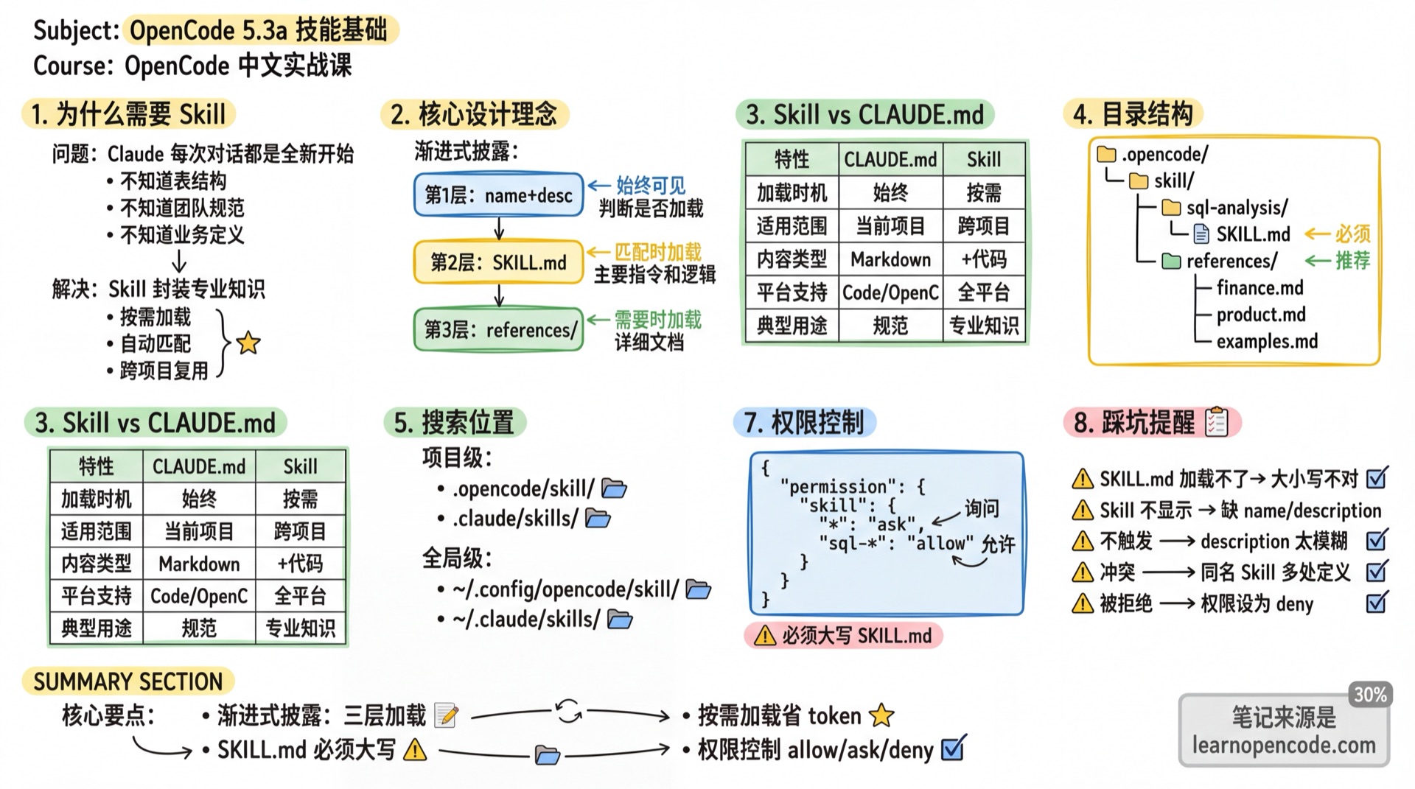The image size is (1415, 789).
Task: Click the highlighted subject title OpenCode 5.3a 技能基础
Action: (259, 30)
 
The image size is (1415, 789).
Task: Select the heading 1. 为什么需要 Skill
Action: (129, 114)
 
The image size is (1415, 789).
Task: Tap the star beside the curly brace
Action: (248, 343)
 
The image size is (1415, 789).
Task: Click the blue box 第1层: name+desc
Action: (498, 195)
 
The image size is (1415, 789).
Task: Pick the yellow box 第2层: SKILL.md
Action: (498, 262)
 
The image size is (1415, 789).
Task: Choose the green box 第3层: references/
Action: (499, 330)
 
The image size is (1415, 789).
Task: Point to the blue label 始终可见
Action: (650, 185)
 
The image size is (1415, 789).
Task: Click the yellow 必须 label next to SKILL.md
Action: (1352, 234)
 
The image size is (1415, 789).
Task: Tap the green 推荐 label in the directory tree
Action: (1352, 261)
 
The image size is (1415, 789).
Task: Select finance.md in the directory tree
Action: (1259, 288)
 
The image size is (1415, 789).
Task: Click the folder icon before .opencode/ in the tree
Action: (1106, 154)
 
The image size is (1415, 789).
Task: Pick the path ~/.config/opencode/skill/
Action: (565, 589)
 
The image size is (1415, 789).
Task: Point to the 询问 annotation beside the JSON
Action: (982, 508)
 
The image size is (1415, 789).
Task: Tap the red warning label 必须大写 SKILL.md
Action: (844, 635)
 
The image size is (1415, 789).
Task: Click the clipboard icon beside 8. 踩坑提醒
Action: (1217, 422)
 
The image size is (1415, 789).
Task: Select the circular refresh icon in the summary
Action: (568, 712)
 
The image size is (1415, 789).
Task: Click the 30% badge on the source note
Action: (1370, 694)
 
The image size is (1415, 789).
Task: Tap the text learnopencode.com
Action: (1284, 745)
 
